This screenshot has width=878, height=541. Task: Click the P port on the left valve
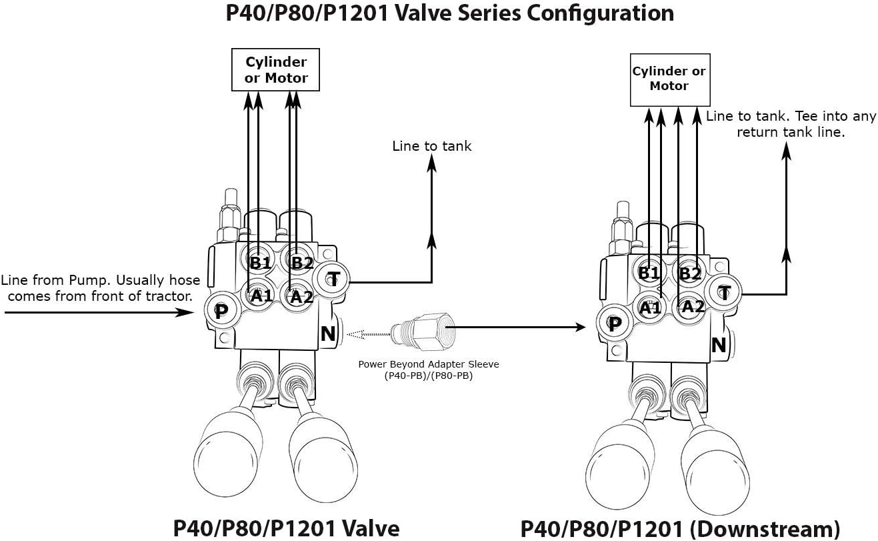pos(221,312)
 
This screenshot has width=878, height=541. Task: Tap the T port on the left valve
pos(334,281)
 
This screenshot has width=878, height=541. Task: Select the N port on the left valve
pos(328,334)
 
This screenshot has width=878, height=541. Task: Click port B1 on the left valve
pos(260,262)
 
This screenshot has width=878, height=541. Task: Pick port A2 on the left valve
pos(301,296)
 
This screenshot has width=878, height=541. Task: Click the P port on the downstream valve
pos(615,324)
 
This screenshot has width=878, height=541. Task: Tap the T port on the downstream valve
pos(725,292)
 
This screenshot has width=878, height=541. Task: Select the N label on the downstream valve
pos(719,345)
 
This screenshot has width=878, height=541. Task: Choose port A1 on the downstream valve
pos(650,308)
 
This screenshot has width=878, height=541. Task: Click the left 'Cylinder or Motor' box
pos(276,70)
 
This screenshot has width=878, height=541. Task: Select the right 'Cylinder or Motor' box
pos(669,79)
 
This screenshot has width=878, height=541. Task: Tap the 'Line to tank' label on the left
pos(431,146)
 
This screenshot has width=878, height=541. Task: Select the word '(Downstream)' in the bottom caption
pos(764,529)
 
